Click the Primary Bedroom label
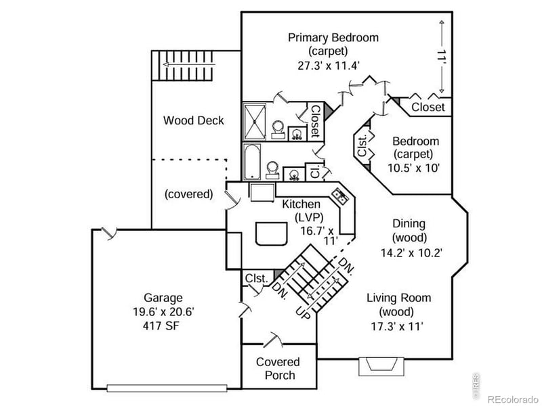(333, 38)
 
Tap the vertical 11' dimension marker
(441, 58)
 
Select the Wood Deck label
(193, 120)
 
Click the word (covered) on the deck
(188, 194)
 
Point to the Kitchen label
(301, 204)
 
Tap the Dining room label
(409, 224)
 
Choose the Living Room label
(398, 298)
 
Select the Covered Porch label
(278, 369)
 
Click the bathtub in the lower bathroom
(253, 162)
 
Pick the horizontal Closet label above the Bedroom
(428, 107)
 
